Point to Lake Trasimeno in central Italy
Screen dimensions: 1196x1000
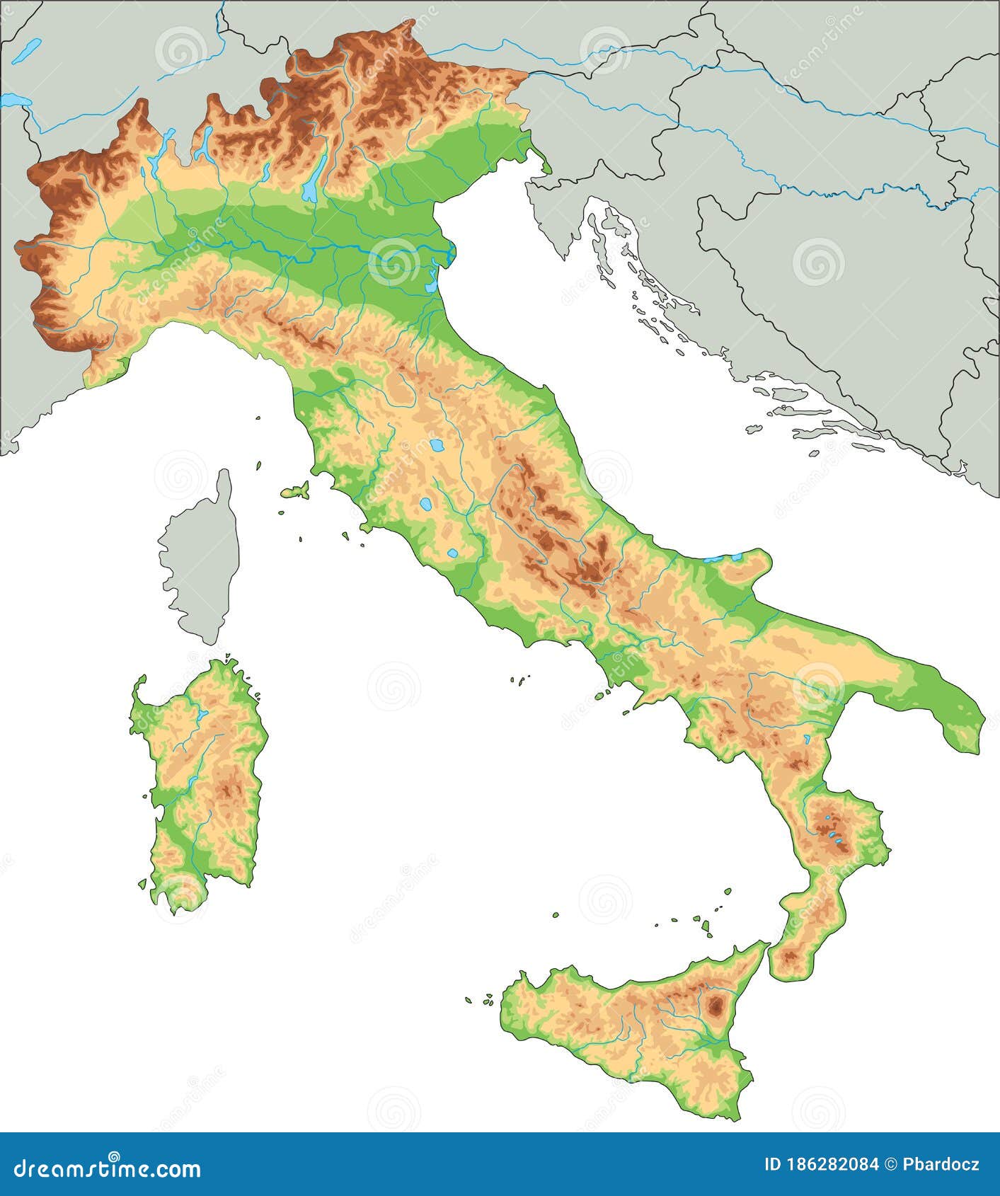coord(437,446)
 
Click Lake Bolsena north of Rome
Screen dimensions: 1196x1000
coord(425,505)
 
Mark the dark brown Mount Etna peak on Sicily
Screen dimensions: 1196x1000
coord(716,1004)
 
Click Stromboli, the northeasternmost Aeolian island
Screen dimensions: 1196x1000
coord(728,892)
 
